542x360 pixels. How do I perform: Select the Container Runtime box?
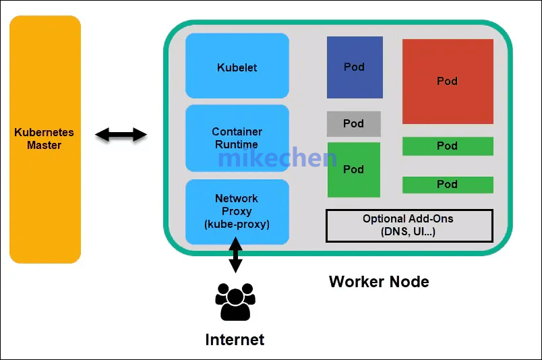(x=237, y=138)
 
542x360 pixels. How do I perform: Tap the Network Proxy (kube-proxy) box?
(x=237, y=211)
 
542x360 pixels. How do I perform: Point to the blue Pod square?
(x=355, y=67)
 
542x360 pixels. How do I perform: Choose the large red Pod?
(x=448, y=82)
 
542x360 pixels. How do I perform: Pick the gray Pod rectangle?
(x=354, y=124)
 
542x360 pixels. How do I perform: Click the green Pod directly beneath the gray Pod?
(x=354, y=170)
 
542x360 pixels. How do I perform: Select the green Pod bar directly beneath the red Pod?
(x=448, y=146)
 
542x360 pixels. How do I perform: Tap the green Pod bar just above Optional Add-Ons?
(x=448, y=184)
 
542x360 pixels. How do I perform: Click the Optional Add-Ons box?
(x=409, y=225)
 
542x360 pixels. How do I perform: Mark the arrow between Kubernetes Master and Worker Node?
(x=121, y=135)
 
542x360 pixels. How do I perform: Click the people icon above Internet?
(x=235, y=301)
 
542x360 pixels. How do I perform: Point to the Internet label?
(x=235, y=339)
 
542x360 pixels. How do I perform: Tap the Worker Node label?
(x=379, y=281)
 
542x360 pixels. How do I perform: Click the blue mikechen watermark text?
(x=278, y=158)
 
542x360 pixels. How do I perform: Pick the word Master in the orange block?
(x=44, y=146)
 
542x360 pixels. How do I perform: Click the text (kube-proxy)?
(x=237, y=224)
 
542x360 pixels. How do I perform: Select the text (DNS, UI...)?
(x=409, y=232)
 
